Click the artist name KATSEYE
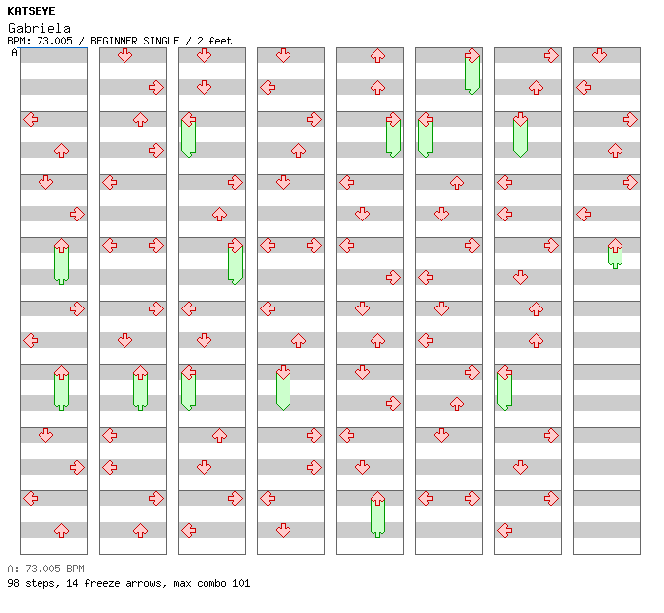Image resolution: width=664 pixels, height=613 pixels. pos(32,11)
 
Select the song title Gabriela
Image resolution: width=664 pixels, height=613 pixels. pos(40,28)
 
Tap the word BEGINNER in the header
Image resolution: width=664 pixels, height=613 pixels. pos(114,41)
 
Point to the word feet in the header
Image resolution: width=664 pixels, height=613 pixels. pos(220,41)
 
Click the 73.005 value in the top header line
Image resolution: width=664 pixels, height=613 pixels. pos(54,41)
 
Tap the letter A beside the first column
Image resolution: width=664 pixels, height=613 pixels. pos(14,53)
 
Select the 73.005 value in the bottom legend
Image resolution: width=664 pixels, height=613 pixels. pos(42,569)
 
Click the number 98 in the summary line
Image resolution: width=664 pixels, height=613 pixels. pos(13,583)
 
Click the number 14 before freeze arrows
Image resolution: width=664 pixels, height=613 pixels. pos(72,583)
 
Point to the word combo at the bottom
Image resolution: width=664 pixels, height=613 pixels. pos(211,583)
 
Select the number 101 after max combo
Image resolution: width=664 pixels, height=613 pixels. pos(241,583)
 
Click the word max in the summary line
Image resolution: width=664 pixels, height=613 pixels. pos(182,583)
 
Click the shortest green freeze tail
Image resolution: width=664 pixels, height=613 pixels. pos(615,258)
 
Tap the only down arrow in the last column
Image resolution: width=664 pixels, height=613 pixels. pos(599,55)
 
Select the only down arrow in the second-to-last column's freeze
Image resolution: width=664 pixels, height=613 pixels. pos(520,119)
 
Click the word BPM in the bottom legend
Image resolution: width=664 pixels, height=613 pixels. pos(75,569)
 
